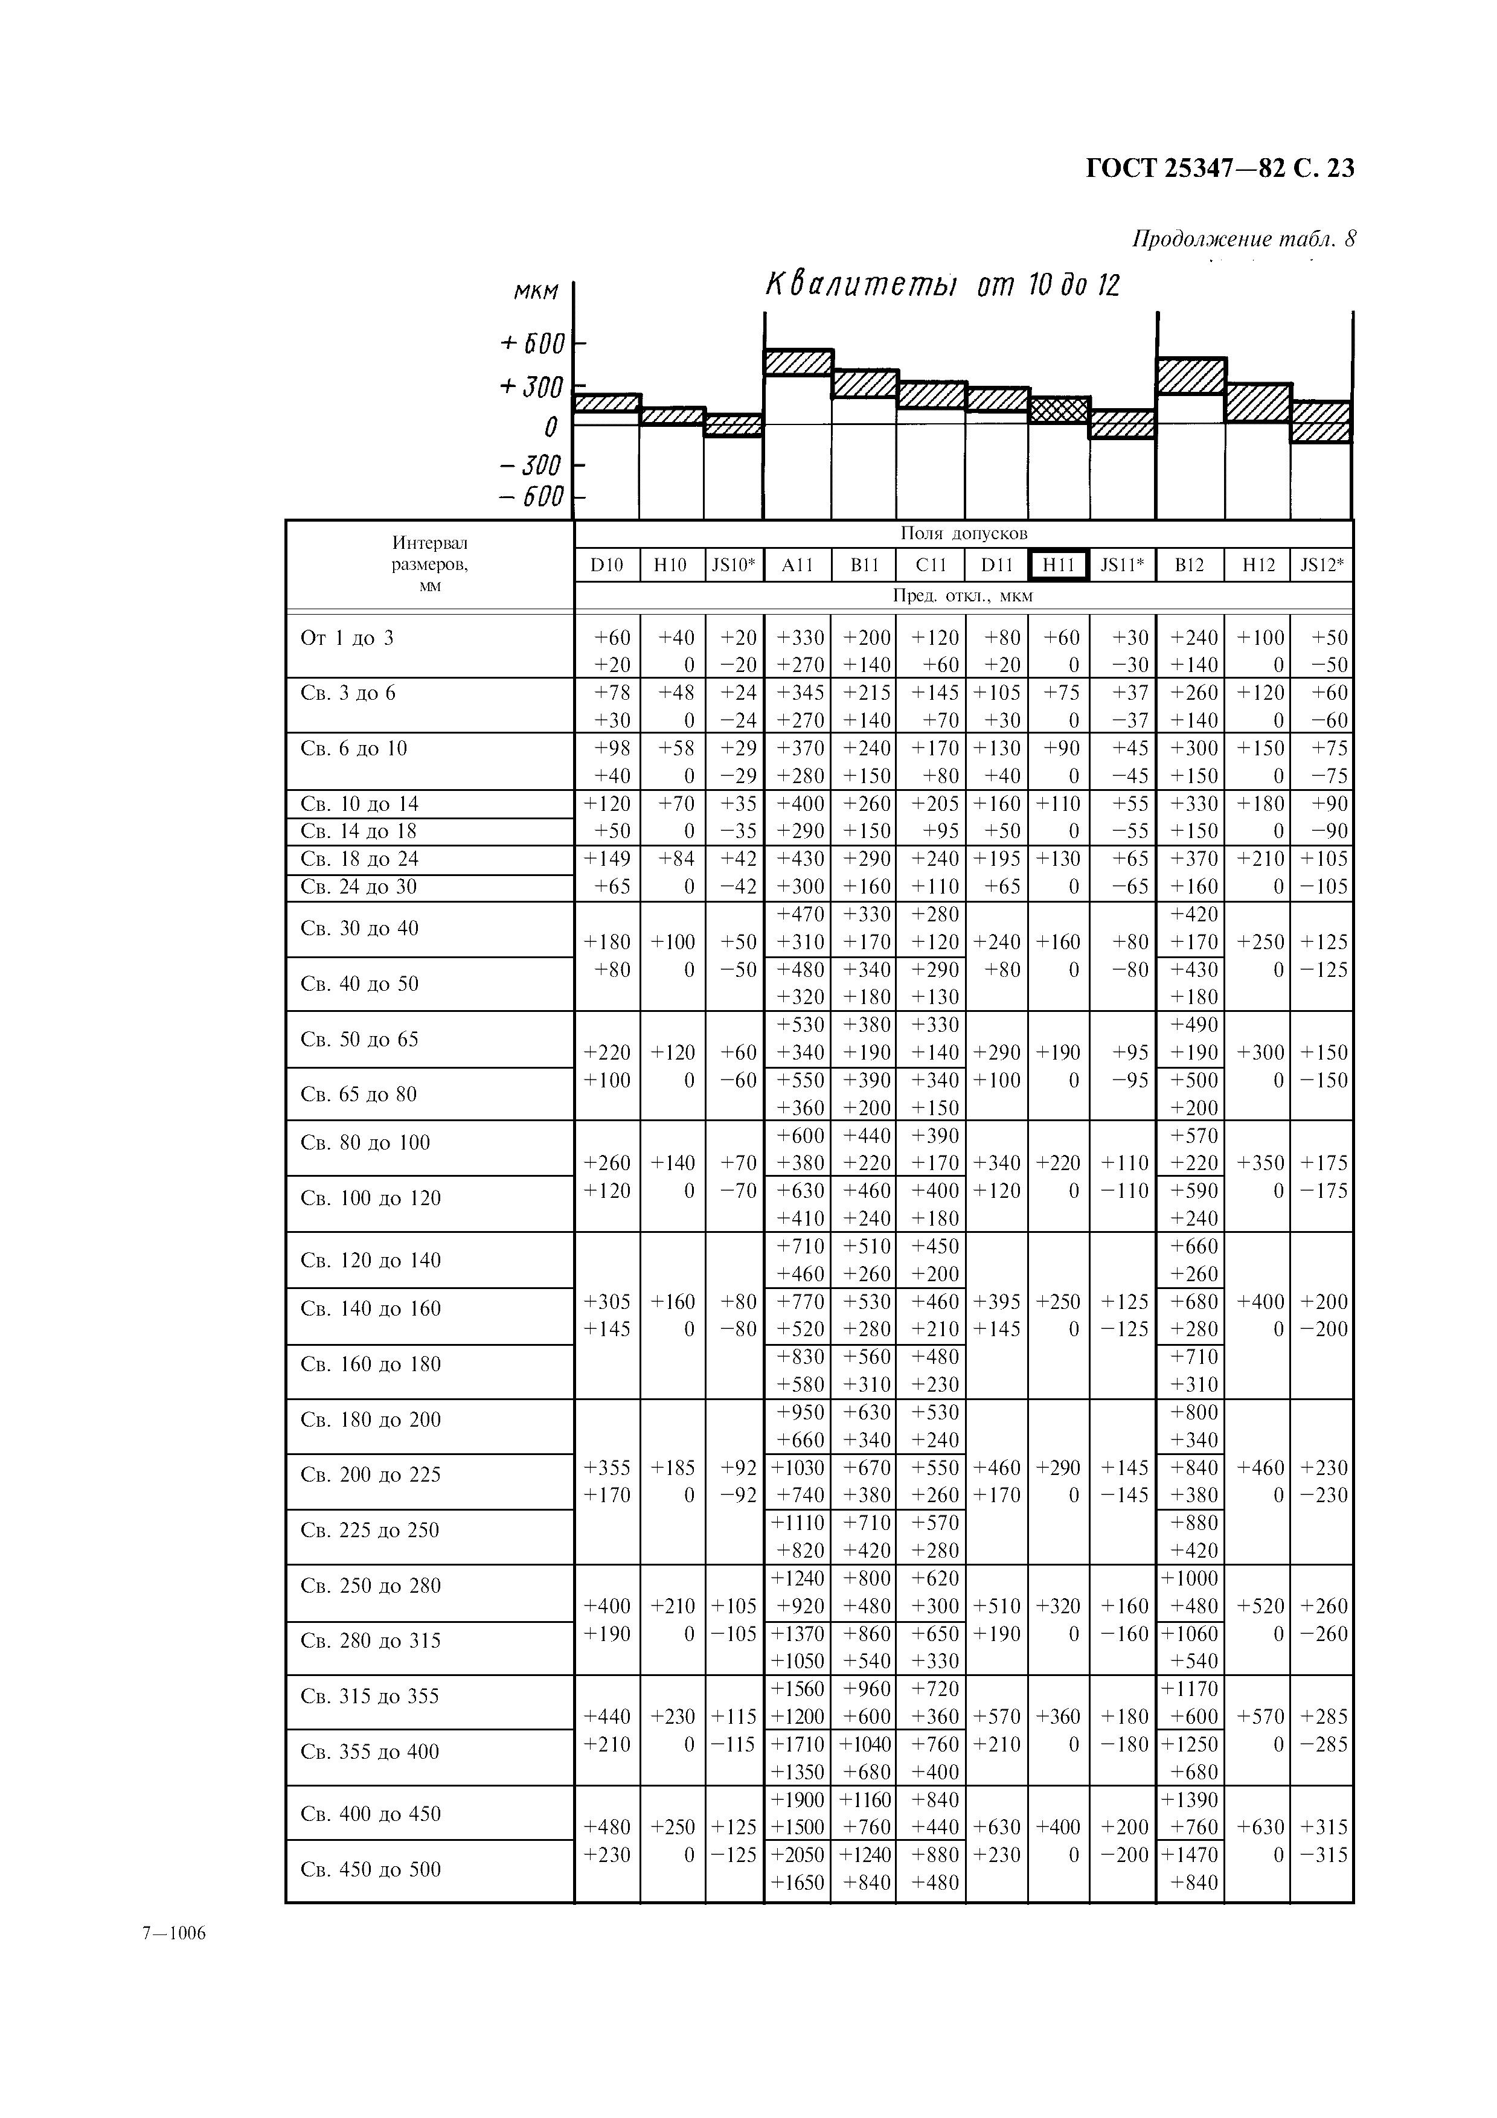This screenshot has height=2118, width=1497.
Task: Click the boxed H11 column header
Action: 1058,565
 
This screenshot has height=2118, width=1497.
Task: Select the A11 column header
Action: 797,565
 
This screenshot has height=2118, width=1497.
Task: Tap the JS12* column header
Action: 1322,565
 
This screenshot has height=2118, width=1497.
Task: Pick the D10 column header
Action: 606,565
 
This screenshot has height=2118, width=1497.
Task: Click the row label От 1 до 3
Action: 347,638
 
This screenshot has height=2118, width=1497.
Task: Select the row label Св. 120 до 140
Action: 371,1260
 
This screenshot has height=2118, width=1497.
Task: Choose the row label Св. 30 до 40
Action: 360,928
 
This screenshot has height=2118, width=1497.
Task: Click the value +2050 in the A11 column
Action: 799,1855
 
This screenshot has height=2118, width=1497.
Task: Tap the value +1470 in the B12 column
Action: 1191,1855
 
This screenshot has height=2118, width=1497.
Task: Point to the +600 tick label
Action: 531,344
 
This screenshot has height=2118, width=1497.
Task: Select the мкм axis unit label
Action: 536,292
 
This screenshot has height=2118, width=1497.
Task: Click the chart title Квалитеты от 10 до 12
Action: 941,285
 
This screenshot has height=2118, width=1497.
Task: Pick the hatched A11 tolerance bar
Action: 798,362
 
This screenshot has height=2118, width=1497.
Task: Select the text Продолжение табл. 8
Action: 1243,239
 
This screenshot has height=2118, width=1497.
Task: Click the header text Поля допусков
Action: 963,533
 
